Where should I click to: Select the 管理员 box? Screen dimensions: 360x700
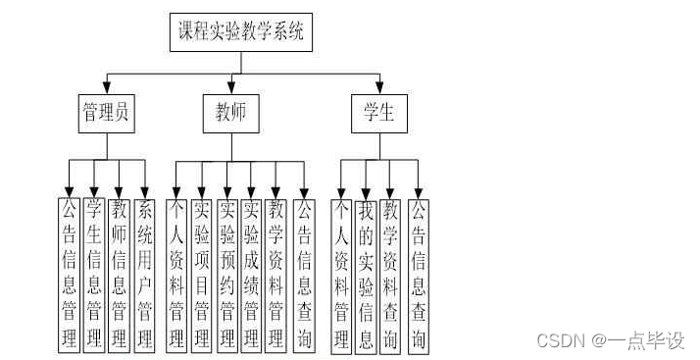pos(106,114)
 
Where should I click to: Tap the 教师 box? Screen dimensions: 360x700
pos(231,114)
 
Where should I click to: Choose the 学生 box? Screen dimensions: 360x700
pos(377,114)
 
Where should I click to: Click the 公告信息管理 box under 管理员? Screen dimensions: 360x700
pos(70,274)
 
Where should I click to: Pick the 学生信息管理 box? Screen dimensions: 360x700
pos(94,274)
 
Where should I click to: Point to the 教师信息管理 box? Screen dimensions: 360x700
pos(120,274)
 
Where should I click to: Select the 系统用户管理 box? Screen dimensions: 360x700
pos(145,274)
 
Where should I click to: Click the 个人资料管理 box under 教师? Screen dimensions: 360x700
pos(177,274)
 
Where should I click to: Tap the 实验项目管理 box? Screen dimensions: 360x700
pos(202,274)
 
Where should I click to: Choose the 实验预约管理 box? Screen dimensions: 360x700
pos(227,274)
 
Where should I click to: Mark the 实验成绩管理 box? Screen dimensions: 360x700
pos(252,274)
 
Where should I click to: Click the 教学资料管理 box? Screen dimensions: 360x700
pos(277,274)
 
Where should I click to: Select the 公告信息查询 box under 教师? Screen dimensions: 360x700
pos(304,274)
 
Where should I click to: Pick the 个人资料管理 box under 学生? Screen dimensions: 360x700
pos(341,274)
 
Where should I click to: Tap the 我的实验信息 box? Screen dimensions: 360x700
pos(367,274)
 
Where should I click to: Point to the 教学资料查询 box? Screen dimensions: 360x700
pos(392,274)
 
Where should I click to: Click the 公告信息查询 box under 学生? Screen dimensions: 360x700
pos(419,274)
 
